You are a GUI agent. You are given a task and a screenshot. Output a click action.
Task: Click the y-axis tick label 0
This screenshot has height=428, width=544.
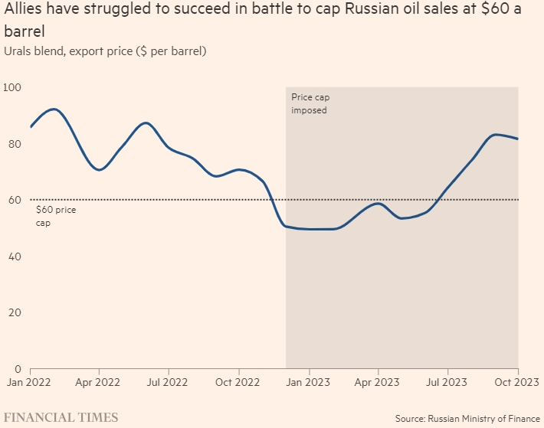(x=16, y=368)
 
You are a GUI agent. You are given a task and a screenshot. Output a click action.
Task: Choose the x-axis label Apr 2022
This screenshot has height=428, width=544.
(x=97, y=381)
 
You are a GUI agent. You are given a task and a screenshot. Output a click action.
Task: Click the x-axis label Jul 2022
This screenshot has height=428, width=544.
(x=167, y=381)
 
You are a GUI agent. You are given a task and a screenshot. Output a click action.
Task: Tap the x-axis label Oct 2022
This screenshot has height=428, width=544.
(x=238, y=381)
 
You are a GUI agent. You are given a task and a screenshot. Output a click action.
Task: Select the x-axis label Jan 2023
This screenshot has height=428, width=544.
(x=309, y=381)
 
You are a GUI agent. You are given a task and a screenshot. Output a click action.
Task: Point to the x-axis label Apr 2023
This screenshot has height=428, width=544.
(x=378, y=381)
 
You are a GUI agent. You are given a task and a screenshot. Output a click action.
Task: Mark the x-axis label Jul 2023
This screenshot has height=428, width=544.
(x=447, y=381)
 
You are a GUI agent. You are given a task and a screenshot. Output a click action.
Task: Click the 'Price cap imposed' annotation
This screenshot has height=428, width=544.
(x=310, y=103)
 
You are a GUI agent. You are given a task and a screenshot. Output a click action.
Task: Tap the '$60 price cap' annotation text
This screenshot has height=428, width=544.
(x=55, y=215)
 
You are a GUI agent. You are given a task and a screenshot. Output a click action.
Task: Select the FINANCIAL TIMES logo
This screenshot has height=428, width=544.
(x=62, y=417)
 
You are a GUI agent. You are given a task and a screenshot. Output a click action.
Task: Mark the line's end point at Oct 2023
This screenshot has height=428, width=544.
(x=518, y=139)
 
